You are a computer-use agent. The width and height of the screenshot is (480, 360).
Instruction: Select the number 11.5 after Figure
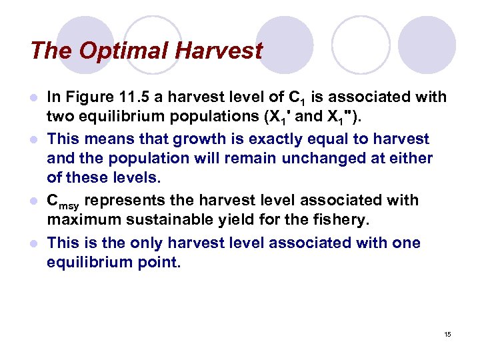point(127,97)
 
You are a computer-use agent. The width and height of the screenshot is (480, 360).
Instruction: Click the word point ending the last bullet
point(158,261)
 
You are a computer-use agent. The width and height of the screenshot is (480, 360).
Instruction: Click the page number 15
point(447,334)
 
